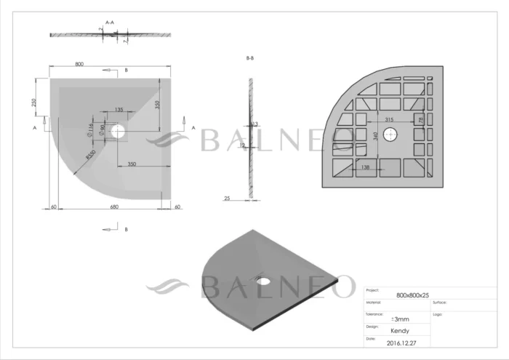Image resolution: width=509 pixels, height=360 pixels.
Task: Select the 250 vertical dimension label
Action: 33,103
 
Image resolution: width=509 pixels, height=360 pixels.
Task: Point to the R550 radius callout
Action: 89,154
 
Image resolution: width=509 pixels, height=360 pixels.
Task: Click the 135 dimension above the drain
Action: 119,110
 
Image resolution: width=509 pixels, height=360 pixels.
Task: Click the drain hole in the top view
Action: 120,132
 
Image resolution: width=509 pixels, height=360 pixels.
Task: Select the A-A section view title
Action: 111,23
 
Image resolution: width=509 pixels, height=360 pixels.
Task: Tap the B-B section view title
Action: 249,58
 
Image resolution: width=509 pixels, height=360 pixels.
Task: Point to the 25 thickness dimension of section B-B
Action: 228,198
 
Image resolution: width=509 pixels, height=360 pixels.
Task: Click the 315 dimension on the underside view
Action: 389,119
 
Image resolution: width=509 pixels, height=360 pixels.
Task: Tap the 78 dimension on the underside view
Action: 420,119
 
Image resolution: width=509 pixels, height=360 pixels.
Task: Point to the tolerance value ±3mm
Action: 400,319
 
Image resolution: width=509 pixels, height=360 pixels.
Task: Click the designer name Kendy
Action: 400,331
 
